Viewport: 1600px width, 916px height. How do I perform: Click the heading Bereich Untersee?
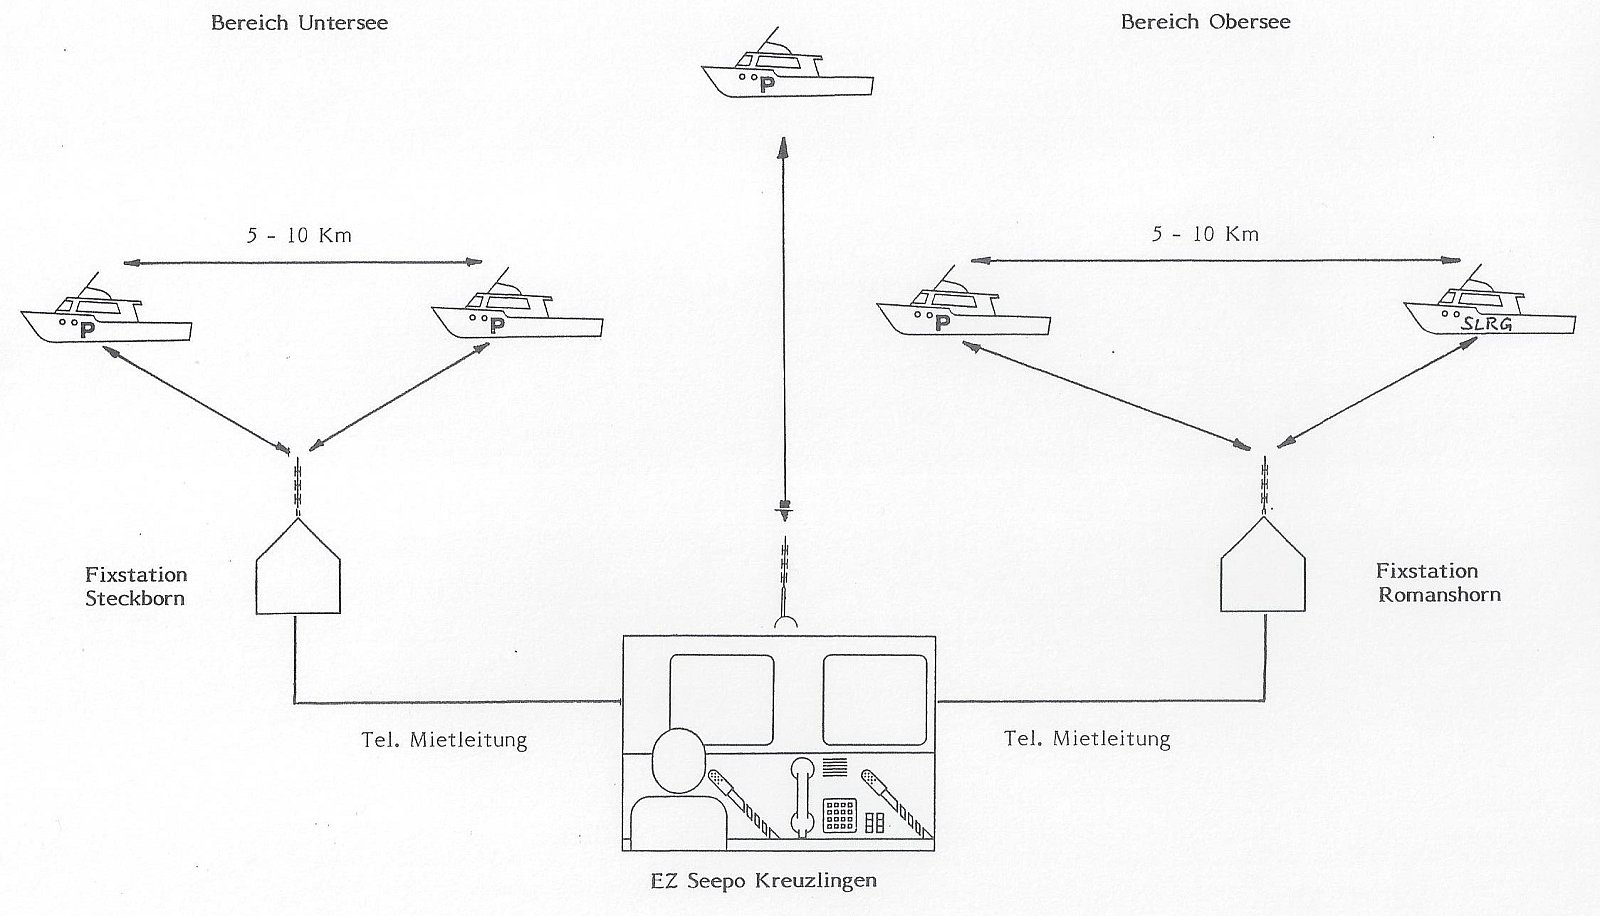point(299,23)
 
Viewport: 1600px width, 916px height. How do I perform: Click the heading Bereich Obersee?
point(1205,22)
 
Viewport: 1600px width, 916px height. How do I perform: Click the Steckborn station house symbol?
point(299,567)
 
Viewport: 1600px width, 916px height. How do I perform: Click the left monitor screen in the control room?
point(721,700)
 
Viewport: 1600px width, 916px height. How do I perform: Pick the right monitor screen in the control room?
point(874,700)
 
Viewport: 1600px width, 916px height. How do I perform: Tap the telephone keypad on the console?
point(838,816)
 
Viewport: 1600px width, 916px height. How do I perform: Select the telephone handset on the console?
point(799,795)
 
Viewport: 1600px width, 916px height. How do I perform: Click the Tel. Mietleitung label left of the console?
point(443,741)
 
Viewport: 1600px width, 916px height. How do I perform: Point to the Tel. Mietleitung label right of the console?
point(1087,740)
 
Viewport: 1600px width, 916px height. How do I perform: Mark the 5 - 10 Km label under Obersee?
point(1206,234)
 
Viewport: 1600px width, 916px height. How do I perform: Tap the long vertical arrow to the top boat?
point(784,320)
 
